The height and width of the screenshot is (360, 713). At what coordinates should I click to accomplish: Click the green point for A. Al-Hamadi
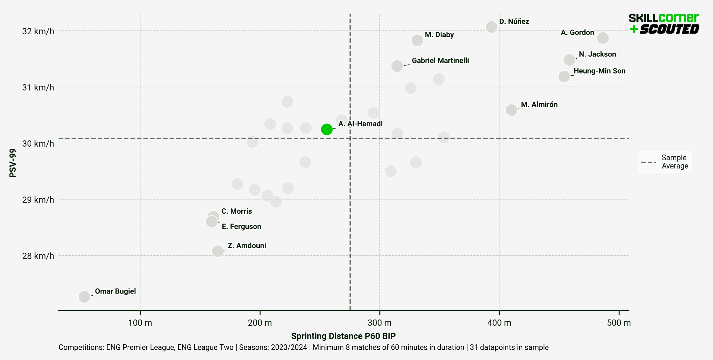pos(326,129)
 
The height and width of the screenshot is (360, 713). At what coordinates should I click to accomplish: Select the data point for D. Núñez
pos(491,27)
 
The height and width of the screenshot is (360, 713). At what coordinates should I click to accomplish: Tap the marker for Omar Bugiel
pos(84,296)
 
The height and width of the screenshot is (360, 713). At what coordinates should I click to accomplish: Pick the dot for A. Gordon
pos(603,38)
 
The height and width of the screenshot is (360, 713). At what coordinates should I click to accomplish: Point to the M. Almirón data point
pos(511,110)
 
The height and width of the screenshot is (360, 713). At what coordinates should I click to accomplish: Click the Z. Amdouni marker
pos(218,251)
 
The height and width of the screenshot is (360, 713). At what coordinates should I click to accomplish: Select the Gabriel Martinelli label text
pos(440,61)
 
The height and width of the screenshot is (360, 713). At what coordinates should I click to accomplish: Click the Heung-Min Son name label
pos(599,71)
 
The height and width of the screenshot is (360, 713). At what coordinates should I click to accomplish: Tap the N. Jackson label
pos(597,54)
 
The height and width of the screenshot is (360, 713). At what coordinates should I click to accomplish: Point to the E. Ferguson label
pos(241,226)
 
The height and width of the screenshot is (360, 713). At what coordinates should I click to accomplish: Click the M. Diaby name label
pos(439,35)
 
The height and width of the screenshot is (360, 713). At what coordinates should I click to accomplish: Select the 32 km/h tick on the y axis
pos(38,31)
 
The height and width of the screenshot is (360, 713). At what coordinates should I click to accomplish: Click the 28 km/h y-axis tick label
pos(38,256)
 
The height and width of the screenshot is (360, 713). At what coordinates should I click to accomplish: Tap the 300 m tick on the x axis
pos(379,323)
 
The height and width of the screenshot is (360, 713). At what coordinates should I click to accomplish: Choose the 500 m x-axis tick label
pos(619,323)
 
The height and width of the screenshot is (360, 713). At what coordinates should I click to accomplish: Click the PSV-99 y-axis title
pos(13,163)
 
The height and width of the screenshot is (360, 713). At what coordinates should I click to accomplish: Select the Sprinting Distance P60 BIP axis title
pos(343,336)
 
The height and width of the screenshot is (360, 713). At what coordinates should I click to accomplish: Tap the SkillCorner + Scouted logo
pos(664,24)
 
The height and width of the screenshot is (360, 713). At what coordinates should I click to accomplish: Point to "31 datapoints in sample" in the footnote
pos(509,347)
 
